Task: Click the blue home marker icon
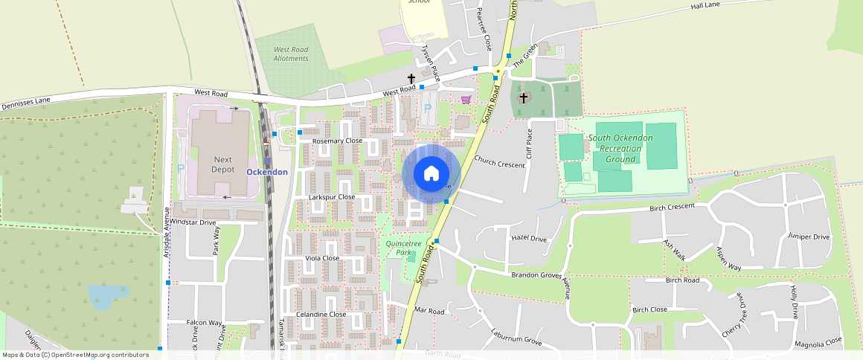431,174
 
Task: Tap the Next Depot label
223,164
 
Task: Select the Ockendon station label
266,172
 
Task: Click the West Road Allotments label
290,54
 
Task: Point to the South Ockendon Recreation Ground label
620,148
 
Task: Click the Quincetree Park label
404,248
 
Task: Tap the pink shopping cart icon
466,99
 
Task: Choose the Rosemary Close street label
337,141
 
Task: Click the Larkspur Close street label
331,197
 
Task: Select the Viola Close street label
322,258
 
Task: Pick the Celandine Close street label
321,314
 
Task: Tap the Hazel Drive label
529,238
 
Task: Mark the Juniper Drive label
809,237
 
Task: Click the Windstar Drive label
192,222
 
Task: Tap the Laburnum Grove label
516,335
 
